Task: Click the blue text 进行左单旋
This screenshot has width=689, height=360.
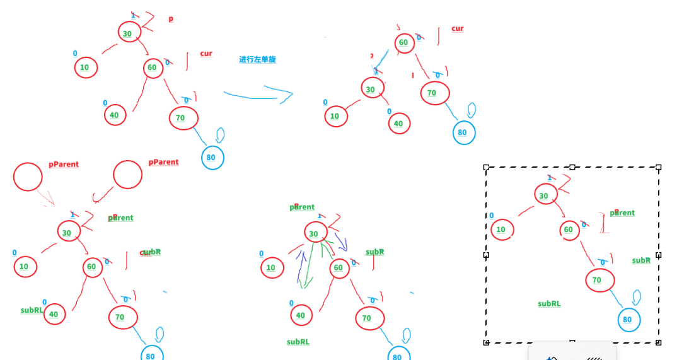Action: coord(257,60)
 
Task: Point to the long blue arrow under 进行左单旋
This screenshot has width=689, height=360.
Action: coord(258,96)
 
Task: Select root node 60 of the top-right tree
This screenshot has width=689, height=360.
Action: coord(403,43)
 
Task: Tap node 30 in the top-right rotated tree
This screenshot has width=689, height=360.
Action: coord(371,89)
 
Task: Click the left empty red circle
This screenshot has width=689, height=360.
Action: coord(28,177)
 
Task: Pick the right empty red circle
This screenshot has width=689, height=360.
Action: coord(127,175)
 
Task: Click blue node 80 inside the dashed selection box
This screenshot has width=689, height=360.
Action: coord(628,320)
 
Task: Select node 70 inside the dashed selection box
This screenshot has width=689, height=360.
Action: coord(597,281)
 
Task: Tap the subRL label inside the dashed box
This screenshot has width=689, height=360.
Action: coord(549,304)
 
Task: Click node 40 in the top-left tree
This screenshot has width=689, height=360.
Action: coord(115,115)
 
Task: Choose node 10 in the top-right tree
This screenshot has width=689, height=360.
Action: coord(335,116)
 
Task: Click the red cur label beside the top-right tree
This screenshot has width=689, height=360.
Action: coord(458,28)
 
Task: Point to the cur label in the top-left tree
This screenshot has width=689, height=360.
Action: coord(206,54)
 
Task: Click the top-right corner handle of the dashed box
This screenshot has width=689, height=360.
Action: coord(659,167)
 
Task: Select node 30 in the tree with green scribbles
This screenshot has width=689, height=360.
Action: coord(314,233)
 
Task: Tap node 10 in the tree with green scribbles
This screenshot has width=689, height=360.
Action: coord(271,267)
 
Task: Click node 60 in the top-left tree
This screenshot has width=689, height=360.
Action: coord(153,67)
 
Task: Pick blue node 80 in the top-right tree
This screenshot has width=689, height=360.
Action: coord(463,132)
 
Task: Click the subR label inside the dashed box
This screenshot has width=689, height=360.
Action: coord(641,260)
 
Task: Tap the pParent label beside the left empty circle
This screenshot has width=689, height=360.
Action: coord(64,165)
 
